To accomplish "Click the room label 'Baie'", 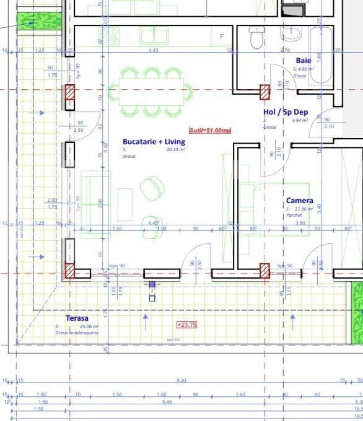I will pyautogui.click(x=304, y=61).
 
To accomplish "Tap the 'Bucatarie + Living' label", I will pyautogui.click(x=154, y=142).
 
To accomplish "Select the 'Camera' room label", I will pyautogui.click(x=299, y=201).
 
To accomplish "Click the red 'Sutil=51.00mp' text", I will pyautogui.click(x=210, y=130).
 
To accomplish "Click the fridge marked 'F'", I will pyautogui.click(x=222, y=37).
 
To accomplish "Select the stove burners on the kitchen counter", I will pyautogui.click(x=113, y=37).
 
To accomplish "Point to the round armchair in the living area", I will pyautogui.click(x=152, y=188).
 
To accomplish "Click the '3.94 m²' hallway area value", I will pyautogui.click(x=300, y=121).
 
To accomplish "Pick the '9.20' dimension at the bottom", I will pyautogui.click(x=181, y=381).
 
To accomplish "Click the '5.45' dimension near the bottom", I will pyautogui.click(x=167, y=402).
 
